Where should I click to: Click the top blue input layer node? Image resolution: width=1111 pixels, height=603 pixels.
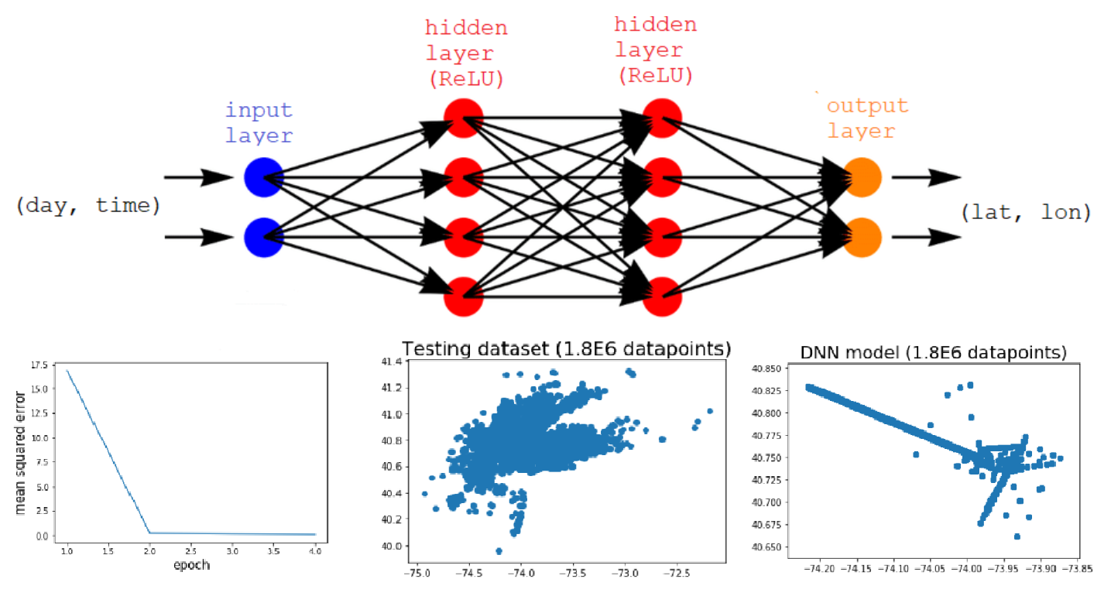click(x=263, y=177)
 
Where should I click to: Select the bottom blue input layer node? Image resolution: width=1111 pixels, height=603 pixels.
click(x=263, y=237)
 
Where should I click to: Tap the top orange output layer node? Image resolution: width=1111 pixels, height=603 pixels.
click(x=862, y=177)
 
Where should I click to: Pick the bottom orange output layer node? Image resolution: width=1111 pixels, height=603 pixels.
click(x=862, y=237)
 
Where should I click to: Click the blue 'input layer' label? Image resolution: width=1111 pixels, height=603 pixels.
click(x=259, y=122)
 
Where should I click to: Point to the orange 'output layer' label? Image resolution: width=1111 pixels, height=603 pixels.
click(x=866, y=118)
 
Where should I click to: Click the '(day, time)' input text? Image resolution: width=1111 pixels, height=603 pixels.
click(x=87, y=206)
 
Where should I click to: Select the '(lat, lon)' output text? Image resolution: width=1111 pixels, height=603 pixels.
click(x=1024, y=211)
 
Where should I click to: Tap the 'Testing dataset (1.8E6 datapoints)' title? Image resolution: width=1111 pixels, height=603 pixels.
click(x=565, y=348)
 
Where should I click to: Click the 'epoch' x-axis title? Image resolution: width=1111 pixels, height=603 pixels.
click(x=190, y=564)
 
